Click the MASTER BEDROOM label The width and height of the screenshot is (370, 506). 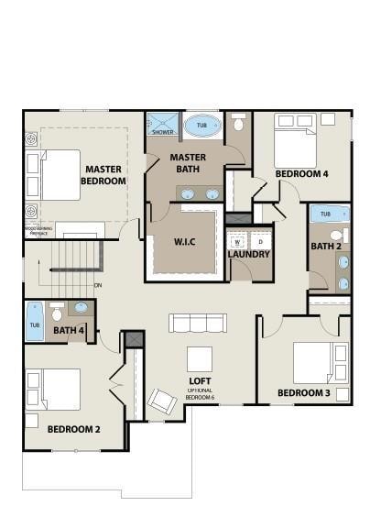[x=103, y=175]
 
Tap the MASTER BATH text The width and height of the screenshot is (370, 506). [x=190, y=163]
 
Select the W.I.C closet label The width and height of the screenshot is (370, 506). [x=186, y=241]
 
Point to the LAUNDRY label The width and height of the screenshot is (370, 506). [x=248, y=254]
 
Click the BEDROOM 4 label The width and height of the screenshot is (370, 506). [x=302, y=173]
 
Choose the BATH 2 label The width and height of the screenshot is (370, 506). [x=326, y=246]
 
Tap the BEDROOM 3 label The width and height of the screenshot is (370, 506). [x=304, y=394]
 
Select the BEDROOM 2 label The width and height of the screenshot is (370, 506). [x=73, y=428]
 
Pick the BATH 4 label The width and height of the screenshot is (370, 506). [x=70, y=330]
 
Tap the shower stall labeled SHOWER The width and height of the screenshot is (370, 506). [x=163, y=124]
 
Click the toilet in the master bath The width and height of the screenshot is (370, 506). [x=239, y=123]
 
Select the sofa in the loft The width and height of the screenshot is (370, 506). [x=198, y=323]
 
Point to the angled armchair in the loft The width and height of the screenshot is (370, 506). [x=162, y=401]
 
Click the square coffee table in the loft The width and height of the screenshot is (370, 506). [x=201, y=358]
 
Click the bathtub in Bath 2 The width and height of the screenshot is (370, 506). [x=328, y=214]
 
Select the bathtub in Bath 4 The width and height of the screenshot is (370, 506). [x=34, y=320]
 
